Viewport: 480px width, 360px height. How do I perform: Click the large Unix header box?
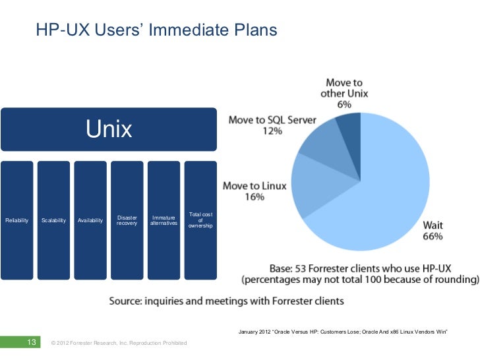(x=109, y=129)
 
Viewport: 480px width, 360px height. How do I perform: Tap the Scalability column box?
(x=53, y=220)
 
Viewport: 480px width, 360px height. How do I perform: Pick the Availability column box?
(x=90, y=220)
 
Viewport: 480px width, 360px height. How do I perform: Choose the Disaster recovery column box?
(x=127, y=220)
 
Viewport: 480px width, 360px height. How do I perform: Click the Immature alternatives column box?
(x=164, y=220)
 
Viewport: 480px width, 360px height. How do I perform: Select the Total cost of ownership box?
(x=200, y=220)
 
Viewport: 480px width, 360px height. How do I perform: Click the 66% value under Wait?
(x=433, y=236)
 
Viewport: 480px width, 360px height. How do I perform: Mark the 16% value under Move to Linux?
(x=255, y=196)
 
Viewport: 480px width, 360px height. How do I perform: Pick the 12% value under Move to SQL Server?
(x=272, y=131)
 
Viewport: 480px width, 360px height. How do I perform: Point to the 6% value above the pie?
(x=344, y=104)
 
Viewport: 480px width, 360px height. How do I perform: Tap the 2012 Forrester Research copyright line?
(x=119, y=344)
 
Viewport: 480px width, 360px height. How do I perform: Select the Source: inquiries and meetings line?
(x=226, y=301)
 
